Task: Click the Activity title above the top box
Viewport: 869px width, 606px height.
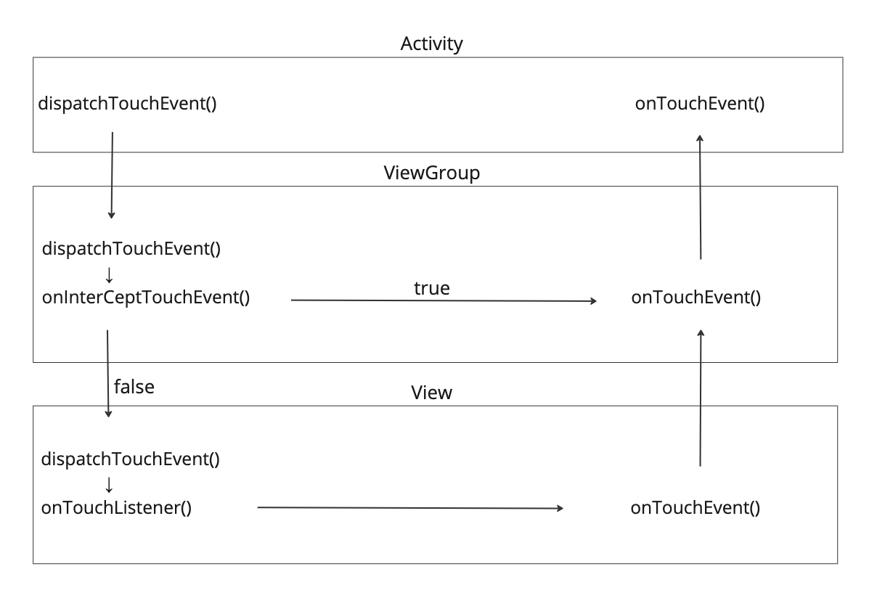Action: pyautogui.click(x=431, y=44)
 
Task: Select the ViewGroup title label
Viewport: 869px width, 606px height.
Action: pyautogui.click(x=431, y=173)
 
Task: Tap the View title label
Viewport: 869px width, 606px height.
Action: pyautogui.click(x=431, y=393)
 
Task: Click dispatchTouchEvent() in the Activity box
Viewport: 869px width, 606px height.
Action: pyautogui.click(x=128, y=103)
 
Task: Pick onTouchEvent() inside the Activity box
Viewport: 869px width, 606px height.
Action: pyautogui.click(x=700, y=103)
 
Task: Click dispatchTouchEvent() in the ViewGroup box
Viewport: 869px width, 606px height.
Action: pyautogui.click(x=131, y=249)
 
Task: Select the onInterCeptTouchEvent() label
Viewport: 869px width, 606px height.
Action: pyautogui.click(x=146, y=298)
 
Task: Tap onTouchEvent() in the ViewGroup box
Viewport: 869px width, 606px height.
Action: pyautogui.click(x=696, y=298)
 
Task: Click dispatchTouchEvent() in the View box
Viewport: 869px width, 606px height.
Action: pyautogui.click(x=131, y=459)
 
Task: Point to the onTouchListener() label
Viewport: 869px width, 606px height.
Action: pyautogui.click(x=116, y=507)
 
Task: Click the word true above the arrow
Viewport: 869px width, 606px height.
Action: pyautogui.click(x=432, y=288)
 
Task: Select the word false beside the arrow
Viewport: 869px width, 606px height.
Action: pyautogui.click(x=134, y=387)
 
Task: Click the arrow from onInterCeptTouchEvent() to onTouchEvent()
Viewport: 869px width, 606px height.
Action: pyautogui.click(x=443, y=300)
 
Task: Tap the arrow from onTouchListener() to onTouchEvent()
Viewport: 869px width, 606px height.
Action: pyautogui.click(x=410, y=508)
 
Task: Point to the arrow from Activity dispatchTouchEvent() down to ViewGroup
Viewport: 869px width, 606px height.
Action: pyautogui.click(x=112, y=175)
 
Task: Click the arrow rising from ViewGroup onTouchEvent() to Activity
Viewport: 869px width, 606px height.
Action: pyautogui.click(x=700, y=196)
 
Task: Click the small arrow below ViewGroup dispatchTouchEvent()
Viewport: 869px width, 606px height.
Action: pyautogui.click(x=110, y=274)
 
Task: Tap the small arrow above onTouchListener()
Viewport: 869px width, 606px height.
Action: pyautogui.click(x=110, y=484)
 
